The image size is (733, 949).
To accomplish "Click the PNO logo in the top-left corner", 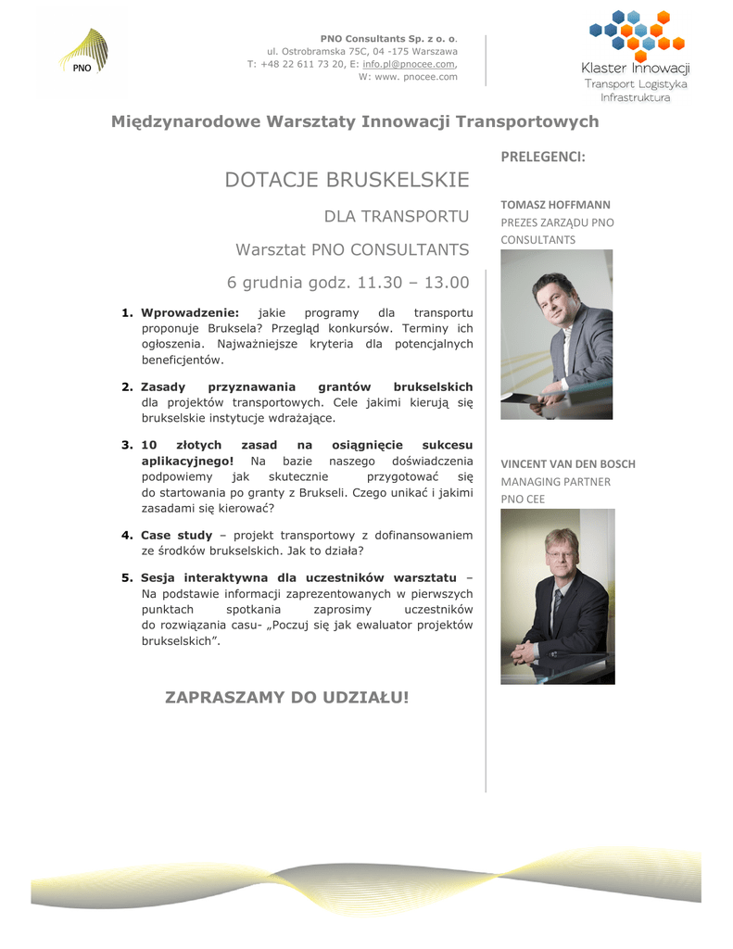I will [x=82, y=53].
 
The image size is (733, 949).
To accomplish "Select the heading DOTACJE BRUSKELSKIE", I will [x=347, y=180].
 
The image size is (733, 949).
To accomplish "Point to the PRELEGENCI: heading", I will [x=543, y=157].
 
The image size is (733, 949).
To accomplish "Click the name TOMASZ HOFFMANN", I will [x=555, y=204].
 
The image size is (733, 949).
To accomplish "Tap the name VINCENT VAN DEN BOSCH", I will [x=568, y=463].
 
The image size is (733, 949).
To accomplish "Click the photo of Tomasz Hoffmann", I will [x=556, y=334].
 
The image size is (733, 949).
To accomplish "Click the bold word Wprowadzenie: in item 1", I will [x=190, y=313].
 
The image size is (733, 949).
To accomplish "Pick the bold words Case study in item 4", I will [x=176, y=535].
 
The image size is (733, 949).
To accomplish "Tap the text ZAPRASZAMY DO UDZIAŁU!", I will [x=286, y=696].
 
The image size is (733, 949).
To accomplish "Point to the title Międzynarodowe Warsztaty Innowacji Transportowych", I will [x=355, y=121].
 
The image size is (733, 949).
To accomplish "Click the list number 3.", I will [x=127, y=445].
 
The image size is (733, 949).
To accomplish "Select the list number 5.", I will [x=127, y=577].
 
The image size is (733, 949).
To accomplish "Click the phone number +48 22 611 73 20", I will [x=298, y=64].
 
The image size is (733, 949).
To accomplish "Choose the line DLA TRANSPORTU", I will [x=396, y=217].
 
